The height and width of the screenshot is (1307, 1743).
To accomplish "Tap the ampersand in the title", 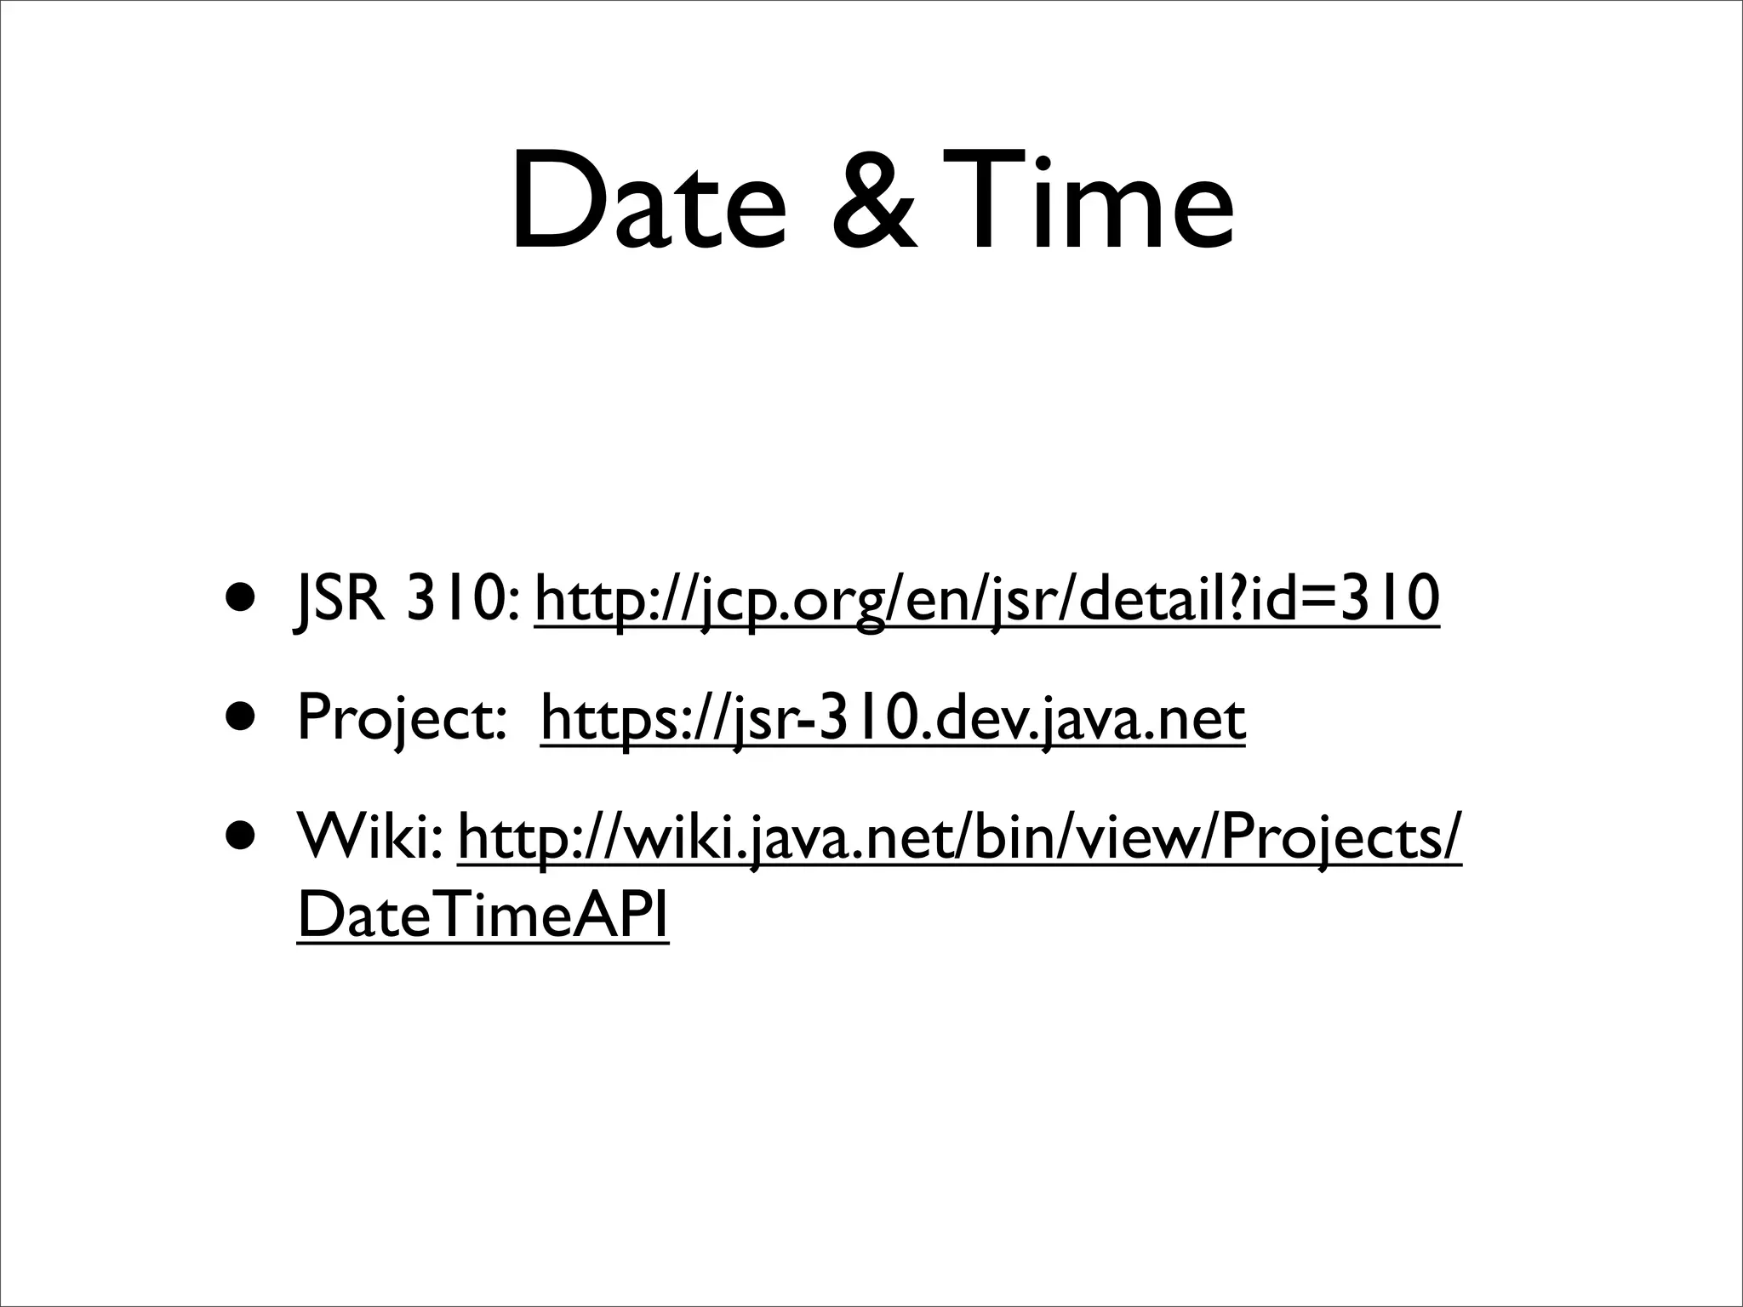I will pos(875,204).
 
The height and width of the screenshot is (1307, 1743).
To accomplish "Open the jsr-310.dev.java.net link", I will pos(893,720).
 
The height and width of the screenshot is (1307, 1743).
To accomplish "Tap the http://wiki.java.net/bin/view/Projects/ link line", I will pos(959,839).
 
